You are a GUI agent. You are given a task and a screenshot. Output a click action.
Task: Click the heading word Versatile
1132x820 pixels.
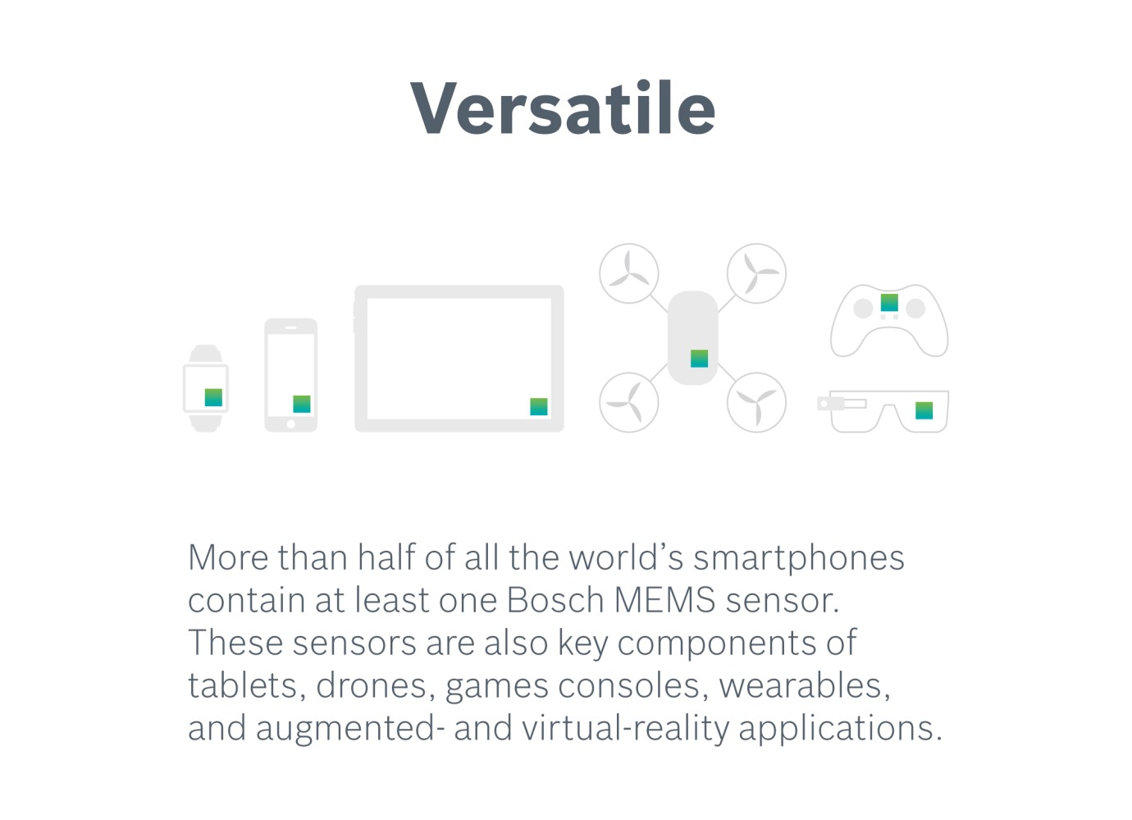tap(563, 108)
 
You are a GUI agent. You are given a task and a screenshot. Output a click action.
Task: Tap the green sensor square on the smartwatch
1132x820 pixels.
tap(213, 397)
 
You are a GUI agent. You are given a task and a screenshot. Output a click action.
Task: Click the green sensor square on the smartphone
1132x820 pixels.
tap(302, 404)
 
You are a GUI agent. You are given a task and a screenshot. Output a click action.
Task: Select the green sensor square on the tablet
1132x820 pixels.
tap(539, 406)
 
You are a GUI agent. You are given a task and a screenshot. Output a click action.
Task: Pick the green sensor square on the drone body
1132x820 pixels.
tap(699, 358)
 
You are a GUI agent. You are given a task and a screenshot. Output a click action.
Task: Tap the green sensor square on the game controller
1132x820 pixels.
tap(889, 302)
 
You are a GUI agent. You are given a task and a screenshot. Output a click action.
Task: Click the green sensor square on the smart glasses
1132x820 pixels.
tap(924, 410)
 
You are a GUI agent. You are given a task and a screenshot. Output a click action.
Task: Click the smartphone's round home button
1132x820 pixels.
tap(290, 424)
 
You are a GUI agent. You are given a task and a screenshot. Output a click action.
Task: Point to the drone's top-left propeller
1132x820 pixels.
tap(629, 273)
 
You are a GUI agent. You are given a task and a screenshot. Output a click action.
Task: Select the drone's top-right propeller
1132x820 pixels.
tap(756, 273)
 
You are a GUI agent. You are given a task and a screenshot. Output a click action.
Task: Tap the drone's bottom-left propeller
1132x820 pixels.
tap(629, 402)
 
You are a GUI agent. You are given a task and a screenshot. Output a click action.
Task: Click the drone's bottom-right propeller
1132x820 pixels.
tap(756, 402)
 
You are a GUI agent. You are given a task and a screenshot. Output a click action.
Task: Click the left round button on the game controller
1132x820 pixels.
tap(863, 309)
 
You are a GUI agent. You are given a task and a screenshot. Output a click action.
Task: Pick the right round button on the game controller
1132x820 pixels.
tap(915, 309)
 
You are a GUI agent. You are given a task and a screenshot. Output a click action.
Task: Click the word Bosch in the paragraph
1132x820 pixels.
tap(555, 600)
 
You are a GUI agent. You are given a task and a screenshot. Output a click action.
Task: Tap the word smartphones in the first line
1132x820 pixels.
tap(798, 558)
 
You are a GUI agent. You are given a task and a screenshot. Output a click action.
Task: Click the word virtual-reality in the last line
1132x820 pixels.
tap(625, 728)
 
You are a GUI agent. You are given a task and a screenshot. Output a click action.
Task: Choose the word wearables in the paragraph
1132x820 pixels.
tap(804, 685)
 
